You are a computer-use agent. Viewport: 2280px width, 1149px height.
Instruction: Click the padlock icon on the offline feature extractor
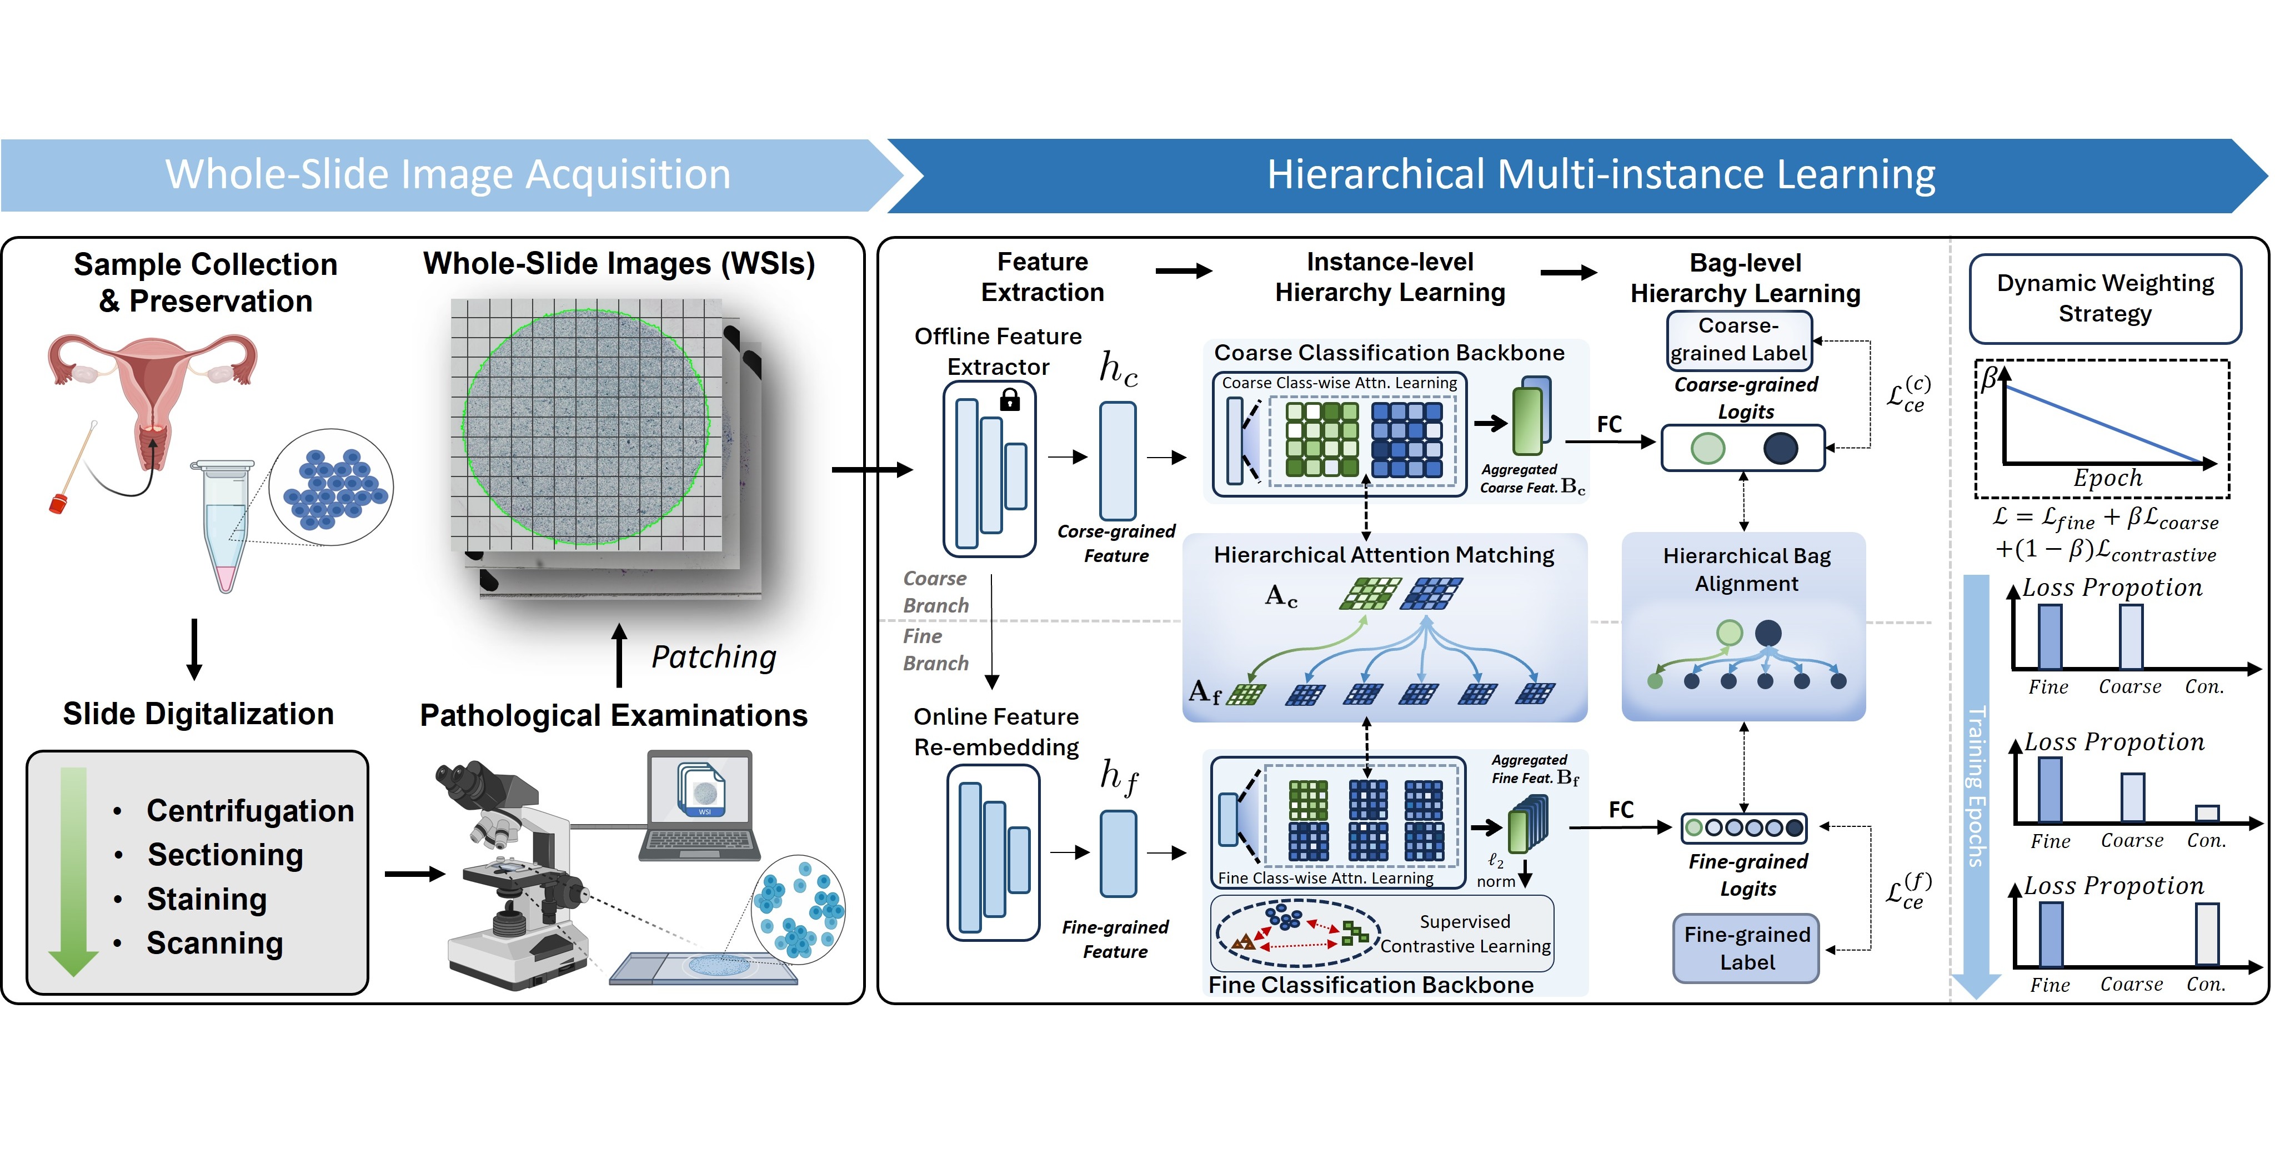pos(1009,401)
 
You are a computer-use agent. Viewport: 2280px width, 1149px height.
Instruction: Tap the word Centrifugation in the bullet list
pos(249,810)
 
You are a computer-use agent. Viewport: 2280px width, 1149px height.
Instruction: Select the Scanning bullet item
pos(214,943)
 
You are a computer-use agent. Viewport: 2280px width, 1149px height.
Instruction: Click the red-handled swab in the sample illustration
pos(60,502)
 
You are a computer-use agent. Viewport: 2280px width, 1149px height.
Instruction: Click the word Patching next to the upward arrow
pos(713,657)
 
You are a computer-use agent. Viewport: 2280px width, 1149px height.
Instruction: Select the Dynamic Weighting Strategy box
pos(2104,298)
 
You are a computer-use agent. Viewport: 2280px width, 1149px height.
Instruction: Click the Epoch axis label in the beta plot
pos(2107,478)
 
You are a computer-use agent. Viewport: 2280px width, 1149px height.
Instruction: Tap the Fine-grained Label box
pos(1746,948)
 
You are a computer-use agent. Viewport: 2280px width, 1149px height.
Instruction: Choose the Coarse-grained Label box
pos(1738,340)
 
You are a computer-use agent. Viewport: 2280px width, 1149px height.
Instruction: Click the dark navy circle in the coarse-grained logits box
pos(1780,449)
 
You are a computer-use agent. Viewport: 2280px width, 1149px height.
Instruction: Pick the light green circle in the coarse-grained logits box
pos(1707,449)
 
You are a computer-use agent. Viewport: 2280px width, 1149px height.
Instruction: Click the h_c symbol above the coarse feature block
pos(1118,368)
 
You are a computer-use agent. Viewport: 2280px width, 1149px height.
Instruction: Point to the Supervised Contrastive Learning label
pos(1465,934)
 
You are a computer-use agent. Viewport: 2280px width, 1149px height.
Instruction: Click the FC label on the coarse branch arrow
pos(1609,425)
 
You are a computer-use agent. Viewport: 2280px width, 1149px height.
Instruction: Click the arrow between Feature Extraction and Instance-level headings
pos(1184,272)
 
